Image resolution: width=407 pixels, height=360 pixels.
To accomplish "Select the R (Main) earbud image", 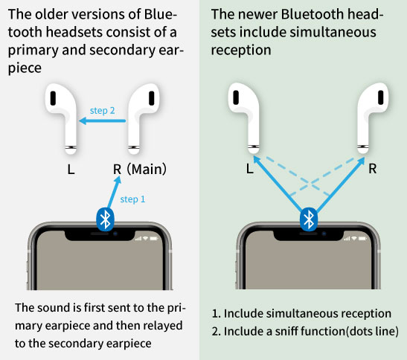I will coord(141,115).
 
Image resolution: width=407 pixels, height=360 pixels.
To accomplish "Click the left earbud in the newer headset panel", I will coord(246,115).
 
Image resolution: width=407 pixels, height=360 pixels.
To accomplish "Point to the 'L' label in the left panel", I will coord(71,169).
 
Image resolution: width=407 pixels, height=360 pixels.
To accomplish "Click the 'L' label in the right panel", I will coord(249,168).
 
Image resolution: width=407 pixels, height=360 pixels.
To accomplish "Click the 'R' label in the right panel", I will coord(372,168).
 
